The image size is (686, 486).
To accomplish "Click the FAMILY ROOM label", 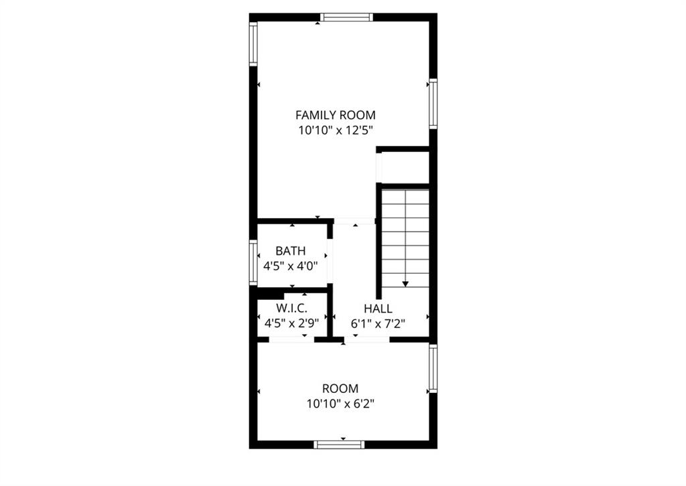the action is pyautogui.click(x=335, y=115).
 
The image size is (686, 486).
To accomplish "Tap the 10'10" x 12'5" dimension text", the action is pyautogui.click(x=335, y=131).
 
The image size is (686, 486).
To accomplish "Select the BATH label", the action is pyautogui.click(x=291, y=251).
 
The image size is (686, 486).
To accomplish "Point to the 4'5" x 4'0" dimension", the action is pyautogui.click(x=291, y=266).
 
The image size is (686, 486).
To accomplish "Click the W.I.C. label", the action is pyautogui.click(x=291, y=308).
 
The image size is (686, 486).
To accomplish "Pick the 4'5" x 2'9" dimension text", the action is pyautogui.click(x=291, y=323).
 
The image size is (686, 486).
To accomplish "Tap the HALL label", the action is pyautogui.click(x=378, y=309).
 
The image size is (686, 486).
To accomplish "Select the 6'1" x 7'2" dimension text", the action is pyautogui.click(x=378, y=324).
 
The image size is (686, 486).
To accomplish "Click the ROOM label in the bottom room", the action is pyautogui.click(x=340, y=388).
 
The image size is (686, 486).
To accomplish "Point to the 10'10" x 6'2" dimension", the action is pyautogui.click(x=340, y=404).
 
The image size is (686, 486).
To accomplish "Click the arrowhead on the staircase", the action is pyautogui.click(x=405, y=284).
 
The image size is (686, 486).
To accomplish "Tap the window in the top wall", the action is pyautogui.click(x=346, y=17).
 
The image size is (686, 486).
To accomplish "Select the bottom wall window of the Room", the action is pyautogui.click(x=339, y=444).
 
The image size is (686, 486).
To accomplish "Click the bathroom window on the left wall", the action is pyautogui.click(x=253, y=262).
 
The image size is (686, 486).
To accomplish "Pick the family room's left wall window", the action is pyautogui.click(x=253, y=44).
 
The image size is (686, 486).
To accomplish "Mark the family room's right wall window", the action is pyautogui.click(x=433, y=104).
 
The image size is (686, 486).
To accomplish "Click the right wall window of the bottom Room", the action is pyautogui.click(x=433, y=368).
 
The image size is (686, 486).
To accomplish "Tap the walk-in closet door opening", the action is pyautogui.click(x=292, y=339).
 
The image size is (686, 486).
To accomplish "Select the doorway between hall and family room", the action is pyautogui.click(x=354, y=221).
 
